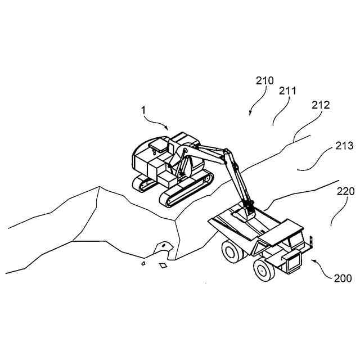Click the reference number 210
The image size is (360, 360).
[x=264, y=80]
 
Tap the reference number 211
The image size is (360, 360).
[x=287, y=90]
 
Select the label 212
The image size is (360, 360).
[x=320, y=105]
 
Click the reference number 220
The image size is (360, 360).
[x=345, y=191]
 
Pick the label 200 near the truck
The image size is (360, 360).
[x=342, y=278]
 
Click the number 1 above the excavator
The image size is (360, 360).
[x=143, y=111]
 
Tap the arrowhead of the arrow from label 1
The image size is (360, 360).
[x=167, y=129]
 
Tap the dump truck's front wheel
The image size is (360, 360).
[x=263, y=269]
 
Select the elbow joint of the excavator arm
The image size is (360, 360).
[x=226, y=152]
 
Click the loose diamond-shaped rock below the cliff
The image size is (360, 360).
[x=164, y=265]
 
